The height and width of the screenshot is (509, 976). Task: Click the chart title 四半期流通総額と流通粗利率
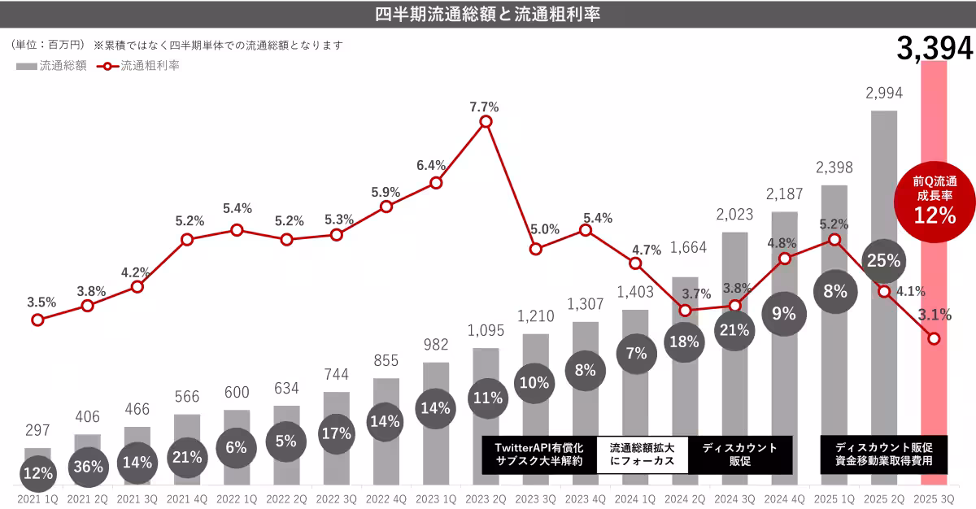point(488,15)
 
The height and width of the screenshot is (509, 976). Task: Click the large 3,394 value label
point(935,50)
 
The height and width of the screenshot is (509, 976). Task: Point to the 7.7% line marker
point(486,121)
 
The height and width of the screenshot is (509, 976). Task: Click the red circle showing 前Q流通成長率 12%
point(933,202)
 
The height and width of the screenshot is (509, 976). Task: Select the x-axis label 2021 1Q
point(37,498)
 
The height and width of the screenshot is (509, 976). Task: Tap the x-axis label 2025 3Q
point(934,498)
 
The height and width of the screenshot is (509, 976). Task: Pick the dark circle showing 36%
point(87,467)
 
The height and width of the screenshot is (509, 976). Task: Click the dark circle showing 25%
point(883,261)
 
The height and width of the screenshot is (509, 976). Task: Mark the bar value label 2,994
point(884,94)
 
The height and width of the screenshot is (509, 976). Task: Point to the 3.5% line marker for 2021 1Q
point(37,320)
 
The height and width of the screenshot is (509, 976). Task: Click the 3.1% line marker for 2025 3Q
point(934,338)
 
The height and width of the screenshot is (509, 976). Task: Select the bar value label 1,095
point(486,331)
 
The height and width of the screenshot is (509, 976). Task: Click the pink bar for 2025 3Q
point(934,244)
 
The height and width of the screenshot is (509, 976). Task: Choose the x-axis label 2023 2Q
point(486,498)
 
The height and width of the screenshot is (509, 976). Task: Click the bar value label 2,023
point(734,215)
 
